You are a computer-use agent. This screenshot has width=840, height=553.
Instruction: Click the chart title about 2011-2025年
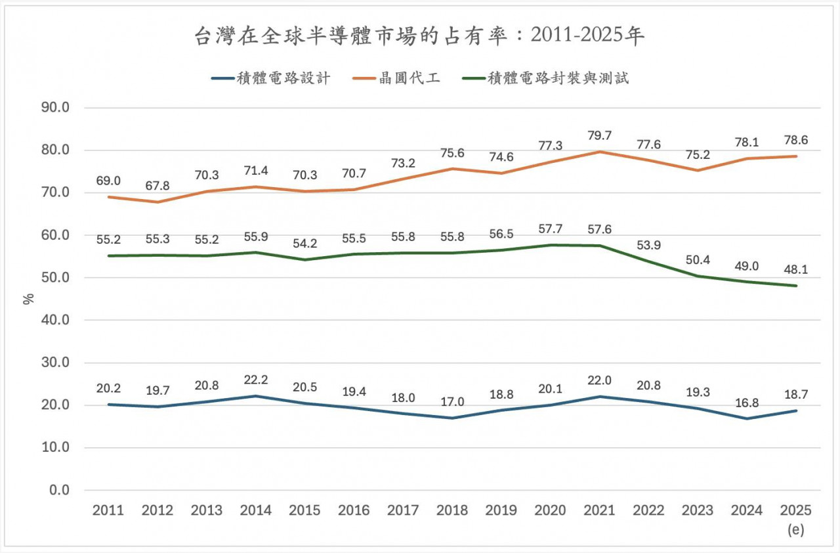coord(420,36)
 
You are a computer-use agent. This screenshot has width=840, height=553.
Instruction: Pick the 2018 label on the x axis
coord(452,510)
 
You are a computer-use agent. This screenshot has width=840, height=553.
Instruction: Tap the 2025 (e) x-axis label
coord(796,518)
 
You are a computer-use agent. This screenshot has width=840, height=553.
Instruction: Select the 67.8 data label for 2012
coord(157,186)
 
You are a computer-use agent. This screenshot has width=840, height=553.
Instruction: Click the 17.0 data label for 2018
coord(452,402)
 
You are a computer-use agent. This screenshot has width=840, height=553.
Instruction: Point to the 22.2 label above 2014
coord(255,380)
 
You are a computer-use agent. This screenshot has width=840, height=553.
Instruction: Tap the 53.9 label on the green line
coord(648,245)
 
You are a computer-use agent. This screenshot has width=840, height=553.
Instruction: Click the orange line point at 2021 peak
coord(599,152)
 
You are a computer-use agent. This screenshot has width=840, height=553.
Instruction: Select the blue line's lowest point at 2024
coord(747,418)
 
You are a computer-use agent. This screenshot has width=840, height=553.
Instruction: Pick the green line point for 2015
coord(304,259)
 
